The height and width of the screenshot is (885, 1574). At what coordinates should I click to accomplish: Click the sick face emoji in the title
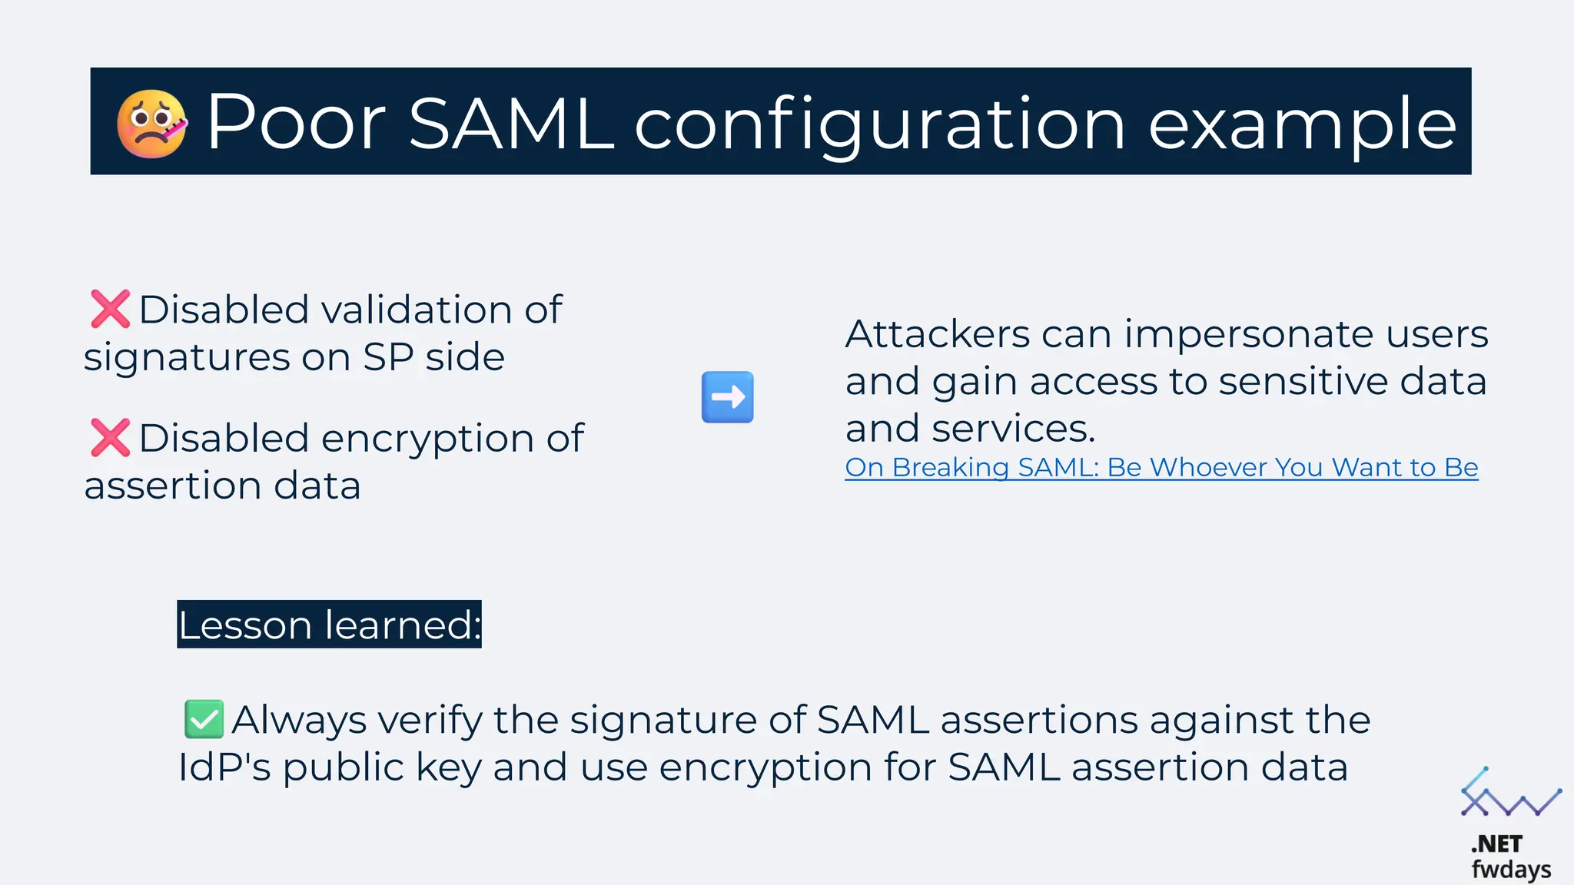click(x=151, y=124)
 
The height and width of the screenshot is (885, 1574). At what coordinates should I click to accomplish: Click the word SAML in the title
click(x=510, y=123)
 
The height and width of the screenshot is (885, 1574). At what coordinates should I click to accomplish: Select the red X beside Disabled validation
click(x=110, y=310)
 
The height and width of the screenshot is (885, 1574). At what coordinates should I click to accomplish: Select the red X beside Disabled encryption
click(x=110, y=438)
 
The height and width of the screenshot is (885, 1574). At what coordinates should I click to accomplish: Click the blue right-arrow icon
click(x=727, y=397)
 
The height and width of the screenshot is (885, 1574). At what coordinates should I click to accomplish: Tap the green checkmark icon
click(x=204, y=719)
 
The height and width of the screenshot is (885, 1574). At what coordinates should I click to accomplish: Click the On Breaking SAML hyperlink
click(x=1161, y=467)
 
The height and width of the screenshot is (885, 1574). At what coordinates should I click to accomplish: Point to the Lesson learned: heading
click(x=329, y=624)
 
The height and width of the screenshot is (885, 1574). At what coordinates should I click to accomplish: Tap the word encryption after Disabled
click(x=427, y=439)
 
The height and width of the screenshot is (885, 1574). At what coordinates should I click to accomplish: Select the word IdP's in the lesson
click(x=224, y=767)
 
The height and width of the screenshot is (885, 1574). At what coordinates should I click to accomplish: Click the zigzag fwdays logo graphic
click(x=1509, y=794)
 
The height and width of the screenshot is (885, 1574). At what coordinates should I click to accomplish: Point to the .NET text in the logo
click(x=1496, y=844)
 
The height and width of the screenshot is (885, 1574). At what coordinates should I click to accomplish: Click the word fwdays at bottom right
click(x=1510, y=870)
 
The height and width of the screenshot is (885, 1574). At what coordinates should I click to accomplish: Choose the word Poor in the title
click(x=295, y=123)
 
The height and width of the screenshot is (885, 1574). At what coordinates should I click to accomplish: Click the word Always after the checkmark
click(x=300, y=720)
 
